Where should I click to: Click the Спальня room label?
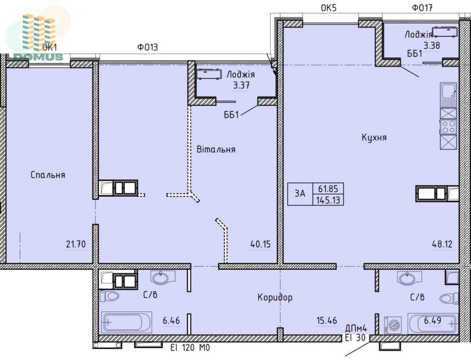(x=48, y=175)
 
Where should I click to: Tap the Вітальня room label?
(x=216, y=149)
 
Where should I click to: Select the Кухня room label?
(x=374, y=138)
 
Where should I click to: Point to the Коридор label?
(x=275, y=297)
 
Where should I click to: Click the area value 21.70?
(x=76, y=244)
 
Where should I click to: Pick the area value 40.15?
(x=260, y=244)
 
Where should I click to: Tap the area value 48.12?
(x=442, y=244)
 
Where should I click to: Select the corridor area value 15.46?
(x=327, y=320)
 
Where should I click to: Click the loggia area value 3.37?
(x=242, y=86)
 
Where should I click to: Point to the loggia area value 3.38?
(x=431, y=46)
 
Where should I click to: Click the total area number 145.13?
(x=328, y=200)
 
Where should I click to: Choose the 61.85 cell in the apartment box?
(x=328, y=188)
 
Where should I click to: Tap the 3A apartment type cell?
(x=300, y=194)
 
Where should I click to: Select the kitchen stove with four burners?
(x=448, y=126)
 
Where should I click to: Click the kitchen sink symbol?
(x=448, y=95)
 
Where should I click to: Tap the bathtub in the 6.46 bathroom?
(x=126, y=322)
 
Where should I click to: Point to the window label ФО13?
(x=147, y=47)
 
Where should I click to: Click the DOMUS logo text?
(x=38, y=57)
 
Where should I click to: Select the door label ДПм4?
(x=356, y=328)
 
